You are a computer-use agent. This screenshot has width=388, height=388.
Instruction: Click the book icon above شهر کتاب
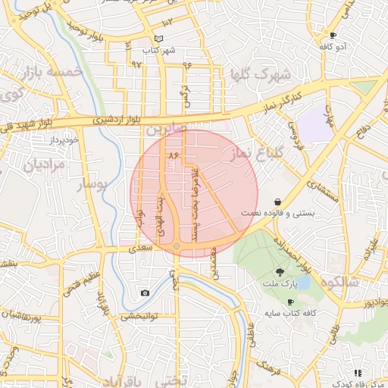(x=158, y=39)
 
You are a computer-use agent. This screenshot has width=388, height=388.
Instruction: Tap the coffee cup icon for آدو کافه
(x=333, y=35)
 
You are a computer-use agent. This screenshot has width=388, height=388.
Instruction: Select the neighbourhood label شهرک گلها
(x=258, y=75)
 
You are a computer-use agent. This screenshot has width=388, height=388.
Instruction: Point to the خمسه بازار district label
(x=52, y=73)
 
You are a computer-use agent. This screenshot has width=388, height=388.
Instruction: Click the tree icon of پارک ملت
(x=280, y=272)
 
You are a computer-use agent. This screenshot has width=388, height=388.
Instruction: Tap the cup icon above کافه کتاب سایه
(x=290, y=302)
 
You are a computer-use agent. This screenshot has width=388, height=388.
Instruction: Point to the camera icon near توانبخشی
(x=145, y=293)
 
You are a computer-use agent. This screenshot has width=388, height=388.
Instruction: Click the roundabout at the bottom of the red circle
(x=177, y=246)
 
